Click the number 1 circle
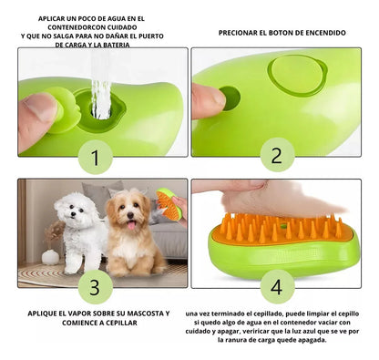(x=94, y=159)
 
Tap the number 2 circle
(x=277, y=156)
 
